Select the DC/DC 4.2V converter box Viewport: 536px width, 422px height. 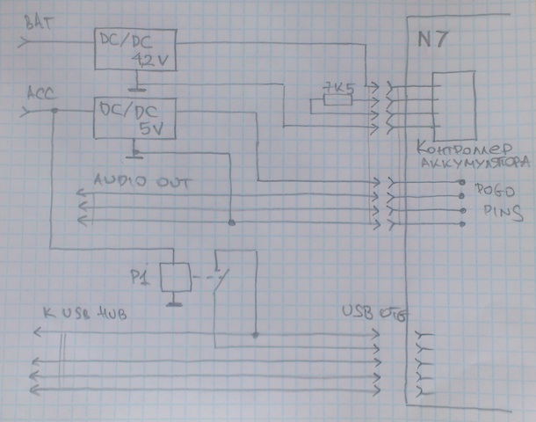(134, 52)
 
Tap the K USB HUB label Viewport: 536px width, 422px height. (83, 314)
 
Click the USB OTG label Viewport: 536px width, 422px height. (373, 312)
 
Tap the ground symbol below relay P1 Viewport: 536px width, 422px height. (176, 304)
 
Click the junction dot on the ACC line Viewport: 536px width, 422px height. (54, 111)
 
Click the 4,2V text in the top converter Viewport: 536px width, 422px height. (151, 62)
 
